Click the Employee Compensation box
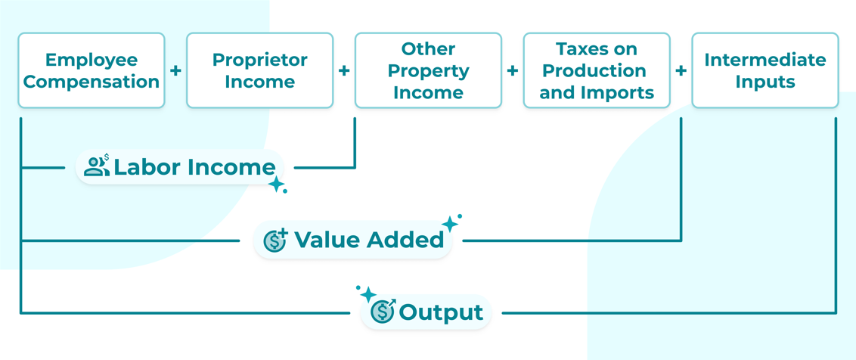point(91,70)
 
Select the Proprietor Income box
point(260,70)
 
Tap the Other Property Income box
point(428,70)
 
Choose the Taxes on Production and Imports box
point(597,70)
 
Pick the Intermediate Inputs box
point(765,70)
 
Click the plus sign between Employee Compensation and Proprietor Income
point(175,70)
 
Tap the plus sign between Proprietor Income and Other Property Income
point(344,70)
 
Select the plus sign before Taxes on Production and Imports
point(513,70)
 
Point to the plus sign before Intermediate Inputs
point(681,70)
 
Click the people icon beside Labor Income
point(98,166)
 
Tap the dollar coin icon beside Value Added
point(275,240)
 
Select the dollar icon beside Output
point(384,312)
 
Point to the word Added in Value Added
point(407,240)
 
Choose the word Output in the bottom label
point(441,313)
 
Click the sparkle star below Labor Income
point(276,185)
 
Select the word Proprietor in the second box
point(260,60)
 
